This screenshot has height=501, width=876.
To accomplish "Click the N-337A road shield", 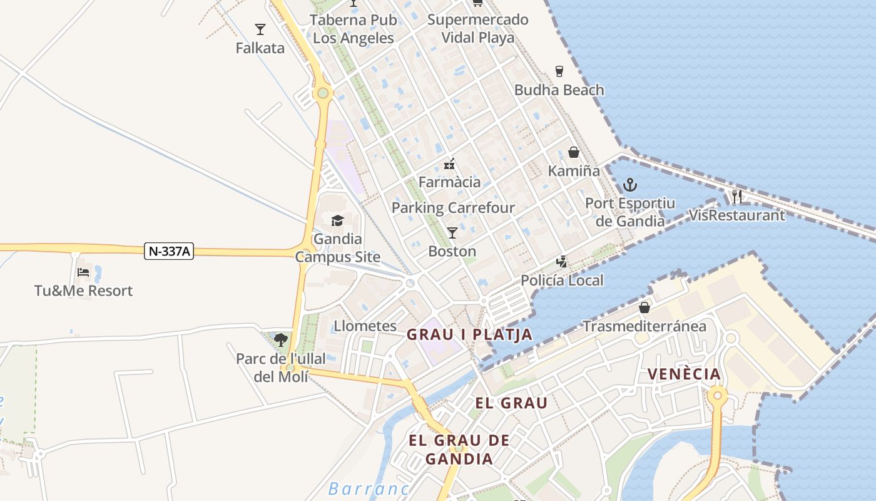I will [169, 251].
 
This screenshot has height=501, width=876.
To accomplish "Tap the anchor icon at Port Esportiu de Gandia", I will [630, 185].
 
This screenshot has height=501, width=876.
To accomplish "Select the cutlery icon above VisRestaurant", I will [737, 197].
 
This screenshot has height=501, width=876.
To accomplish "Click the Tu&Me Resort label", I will [83, 291].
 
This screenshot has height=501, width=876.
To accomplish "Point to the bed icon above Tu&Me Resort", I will [83, 272].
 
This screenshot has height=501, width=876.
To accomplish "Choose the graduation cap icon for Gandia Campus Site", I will [338, 220].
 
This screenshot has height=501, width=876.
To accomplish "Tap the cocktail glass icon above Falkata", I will [260, 29].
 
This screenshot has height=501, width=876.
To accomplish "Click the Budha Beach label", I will [559, 90].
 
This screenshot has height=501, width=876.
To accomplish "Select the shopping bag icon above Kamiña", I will [574, 152].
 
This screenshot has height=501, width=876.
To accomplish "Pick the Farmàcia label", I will [449, 182].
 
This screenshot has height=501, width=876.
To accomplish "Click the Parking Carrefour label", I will [453, 207].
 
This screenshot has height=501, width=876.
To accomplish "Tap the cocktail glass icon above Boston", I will [452, 233].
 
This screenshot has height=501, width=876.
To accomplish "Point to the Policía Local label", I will [562, 280].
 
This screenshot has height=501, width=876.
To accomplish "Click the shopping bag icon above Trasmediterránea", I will [644, 307].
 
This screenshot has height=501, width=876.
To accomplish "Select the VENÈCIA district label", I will [684, 374].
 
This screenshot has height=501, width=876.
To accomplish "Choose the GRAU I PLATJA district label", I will [469, 334].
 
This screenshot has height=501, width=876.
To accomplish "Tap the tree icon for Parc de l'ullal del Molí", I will [281, 340].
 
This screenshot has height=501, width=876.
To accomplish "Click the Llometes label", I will [365, 326].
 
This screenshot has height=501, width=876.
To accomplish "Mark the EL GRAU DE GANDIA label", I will [459, 449].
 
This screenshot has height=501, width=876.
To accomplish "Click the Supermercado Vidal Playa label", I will [478, 28].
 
